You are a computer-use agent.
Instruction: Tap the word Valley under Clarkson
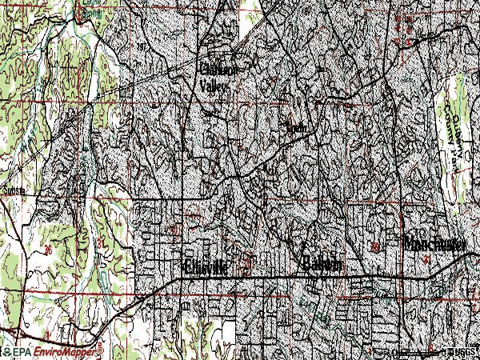click(214, 89)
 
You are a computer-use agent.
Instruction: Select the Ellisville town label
click(206, 268)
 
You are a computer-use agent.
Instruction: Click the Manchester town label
click(435, 242)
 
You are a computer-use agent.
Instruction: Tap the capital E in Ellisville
click(187, 268)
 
